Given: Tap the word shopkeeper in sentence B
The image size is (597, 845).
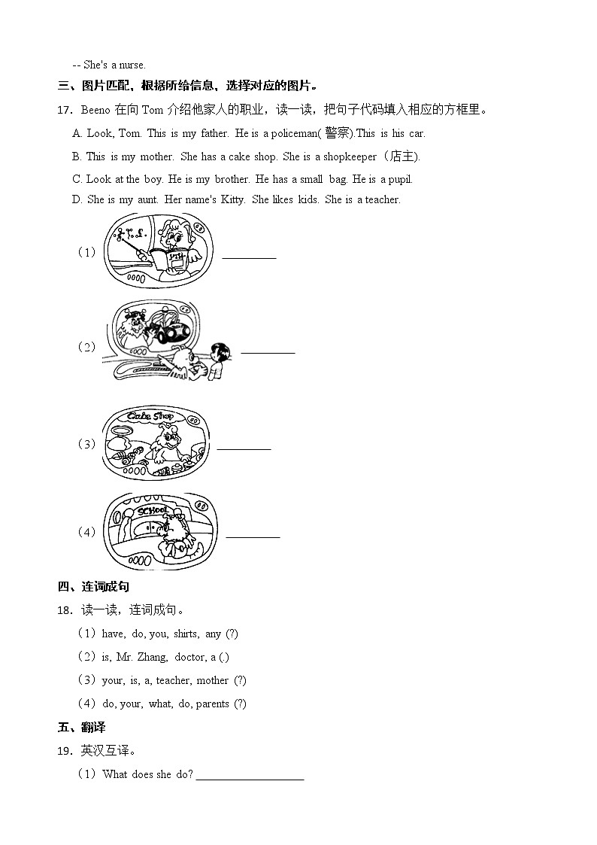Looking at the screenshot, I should point(350,157).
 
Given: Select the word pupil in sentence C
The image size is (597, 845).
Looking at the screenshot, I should point(399,179).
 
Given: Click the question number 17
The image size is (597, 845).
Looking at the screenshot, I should point(64,110).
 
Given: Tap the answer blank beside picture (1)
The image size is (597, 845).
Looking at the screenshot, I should point(249,257).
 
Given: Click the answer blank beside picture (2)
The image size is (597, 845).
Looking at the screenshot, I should point(268,351).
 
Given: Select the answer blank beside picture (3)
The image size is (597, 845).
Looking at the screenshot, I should point(244,448).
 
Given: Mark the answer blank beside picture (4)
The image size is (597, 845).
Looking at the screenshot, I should point(253,536).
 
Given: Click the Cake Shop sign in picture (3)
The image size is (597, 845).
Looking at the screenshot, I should point(151,416).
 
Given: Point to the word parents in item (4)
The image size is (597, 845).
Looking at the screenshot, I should point(212,704).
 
